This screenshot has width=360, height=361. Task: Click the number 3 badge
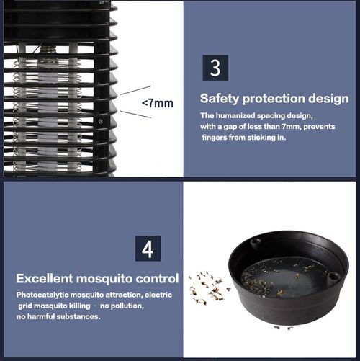coord(215,69)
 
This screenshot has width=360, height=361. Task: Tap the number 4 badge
coord(148,248)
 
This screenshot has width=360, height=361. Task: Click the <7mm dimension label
coord(157,104)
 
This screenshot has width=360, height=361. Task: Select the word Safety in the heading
coord(217,98)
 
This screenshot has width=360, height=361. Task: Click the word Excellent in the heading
coord(48,278)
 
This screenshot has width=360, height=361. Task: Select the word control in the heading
coord(159,278)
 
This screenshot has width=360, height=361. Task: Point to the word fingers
coord(216,137)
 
